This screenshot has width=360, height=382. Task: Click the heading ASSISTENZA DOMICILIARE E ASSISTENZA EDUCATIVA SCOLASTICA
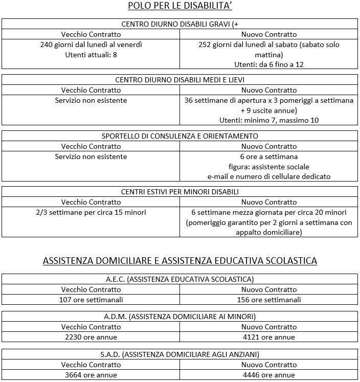[x=179, y=261]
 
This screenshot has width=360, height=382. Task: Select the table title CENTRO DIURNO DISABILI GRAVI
[x=179, y=24]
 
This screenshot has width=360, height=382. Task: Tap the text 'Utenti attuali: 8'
[x=91, y=55]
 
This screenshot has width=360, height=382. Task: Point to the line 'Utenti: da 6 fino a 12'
[x=269, y=65]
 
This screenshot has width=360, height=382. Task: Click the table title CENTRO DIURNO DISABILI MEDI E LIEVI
[x=179, y=80]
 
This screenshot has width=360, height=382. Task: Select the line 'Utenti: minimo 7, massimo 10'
[x=269, y=120]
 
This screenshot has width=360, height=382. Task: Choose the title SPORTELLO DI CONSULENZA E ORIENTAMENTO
[x=179, y=136]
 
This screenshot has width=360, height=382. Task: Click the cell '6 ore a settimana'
[x=269, y=156]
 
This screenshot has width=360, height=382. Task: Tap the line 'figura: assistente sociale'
[x=269, y=167]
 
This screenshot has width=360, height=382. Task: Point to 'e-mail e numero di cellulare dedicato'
[x=269, y=176]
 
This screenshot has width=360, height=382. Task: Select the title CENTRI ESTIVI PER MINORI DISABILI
[x=179, y=192]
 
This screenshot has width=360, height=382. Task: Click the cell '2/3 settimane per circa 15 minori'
[x=91, y=212]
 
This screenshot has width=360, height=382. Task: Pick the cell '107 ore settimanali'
[x=91, y=300]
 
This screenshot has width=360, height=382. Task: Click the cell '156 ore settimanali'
[x=269, y=300]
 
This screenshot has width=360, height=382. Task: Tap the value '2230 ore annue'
[x=91, y=337]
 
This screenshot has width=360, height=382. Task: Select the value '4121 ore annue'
[x=269, y=337]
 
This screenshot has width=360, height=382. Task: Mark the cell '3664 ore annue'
[x=91, y=375]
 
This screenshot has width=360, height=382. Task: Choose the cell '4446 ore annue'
[x=269, y=375]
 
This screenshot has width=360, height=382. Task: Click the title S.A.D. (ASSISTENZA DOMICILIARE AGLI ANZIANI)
[x=179, y=354]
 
